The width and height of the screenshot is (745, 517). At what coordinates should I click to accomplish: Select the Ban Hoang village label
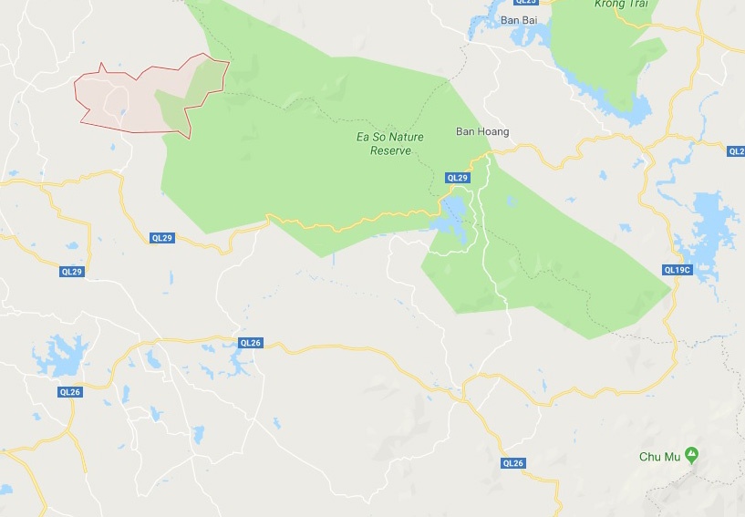(x=482, y=132)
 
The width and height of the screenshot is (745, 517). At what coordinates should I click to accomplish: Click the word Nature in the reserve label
(x=402, y=138)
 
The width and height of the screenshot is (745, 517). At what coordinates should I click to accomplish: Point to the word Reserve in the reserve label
(x=391, y=150)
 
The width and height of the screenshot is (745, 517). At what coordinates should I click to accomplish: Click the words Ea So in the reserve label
(x=367, y=138)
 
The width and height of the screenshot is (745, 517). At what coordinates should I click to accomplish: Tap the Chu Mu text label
(x=661, y=455)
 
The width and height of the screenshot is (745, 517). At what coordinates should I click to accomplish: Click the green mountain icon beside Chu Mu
(x=692, y=453)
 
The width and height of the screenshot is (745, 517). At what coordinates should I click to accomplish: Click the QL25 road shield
(x=526, y=3)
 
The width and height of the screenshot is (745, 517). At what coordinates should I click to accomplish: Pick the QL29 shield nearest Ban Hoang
(x=457, y=177)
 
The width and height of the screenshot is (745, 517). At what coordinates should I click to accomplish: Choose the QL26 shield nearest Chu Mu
(x=513, y=463)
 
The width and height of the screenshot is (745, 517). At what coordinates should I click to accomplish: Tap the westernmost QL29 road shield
(x=72, y=272)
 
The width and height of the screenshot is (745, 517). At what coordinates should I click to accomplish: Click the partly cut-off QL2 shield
(x=737, y=151)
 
